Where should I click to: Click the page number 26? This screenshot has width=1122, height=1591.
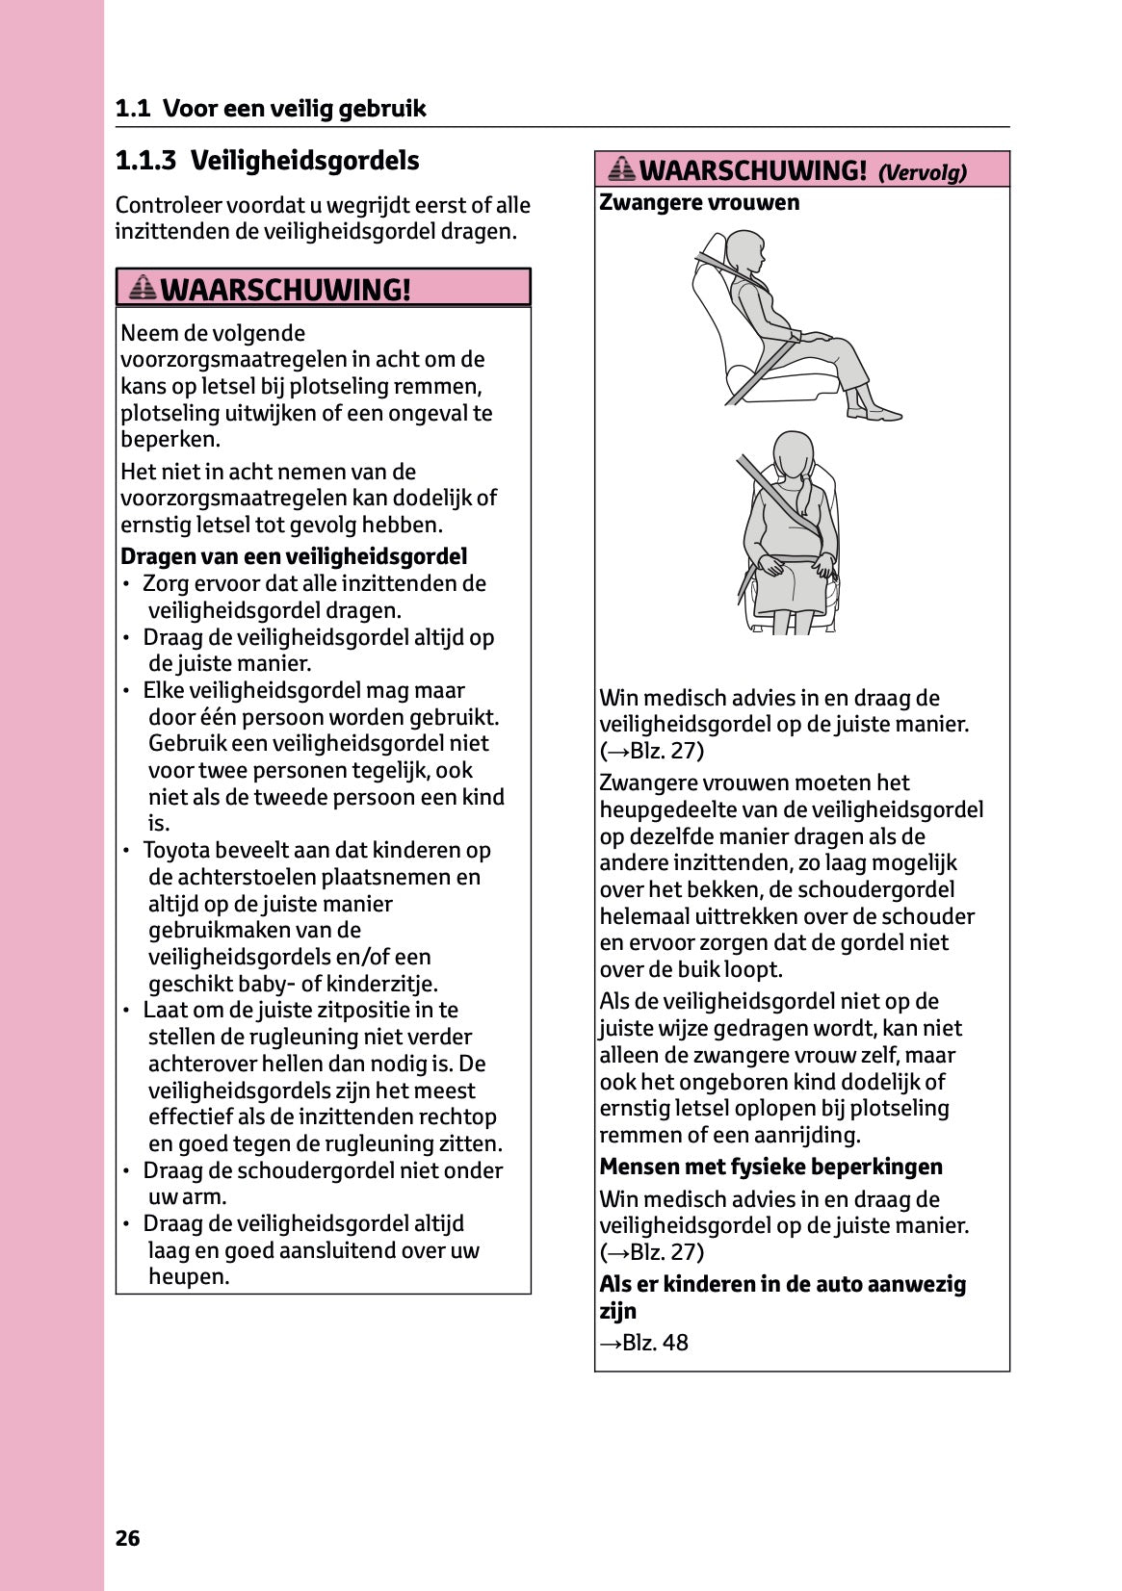click(x=127, y=1538)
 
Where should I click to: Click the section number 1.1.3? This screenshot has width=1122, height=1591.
click(x=145, y=161)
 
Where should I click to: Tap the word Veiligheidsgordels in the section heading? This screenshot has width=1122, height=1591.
click(x=304, y=161)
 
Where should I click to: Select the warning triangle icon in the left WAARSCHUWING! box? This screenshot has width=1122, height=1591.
click(x=142, y=288)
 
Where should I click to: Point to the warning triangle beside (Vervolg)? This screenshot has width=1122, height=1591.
click(x=622, y=170)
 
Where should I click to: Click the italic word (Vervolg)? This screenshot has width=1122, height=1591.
click(x=922, y=173)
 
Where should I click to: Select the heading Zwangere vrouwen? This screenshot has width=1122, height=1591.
click(x=699, y=203)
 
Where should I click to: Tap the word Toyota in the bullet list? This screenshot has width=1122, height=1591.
click(x=177, y=851)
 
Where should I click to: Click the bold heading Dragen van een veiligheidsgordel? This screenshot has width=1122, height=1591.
click(x=294, y=556)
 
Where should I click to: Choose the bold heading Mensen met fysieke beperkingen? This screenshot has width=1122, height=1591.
click(x=770, y=1167)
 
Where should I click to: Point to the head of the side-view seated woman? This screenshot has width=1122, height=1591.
click(x=744, y=252)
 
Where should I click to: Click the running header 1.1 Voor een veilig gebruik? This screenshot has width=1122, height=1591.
click(x=271, y=109)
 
